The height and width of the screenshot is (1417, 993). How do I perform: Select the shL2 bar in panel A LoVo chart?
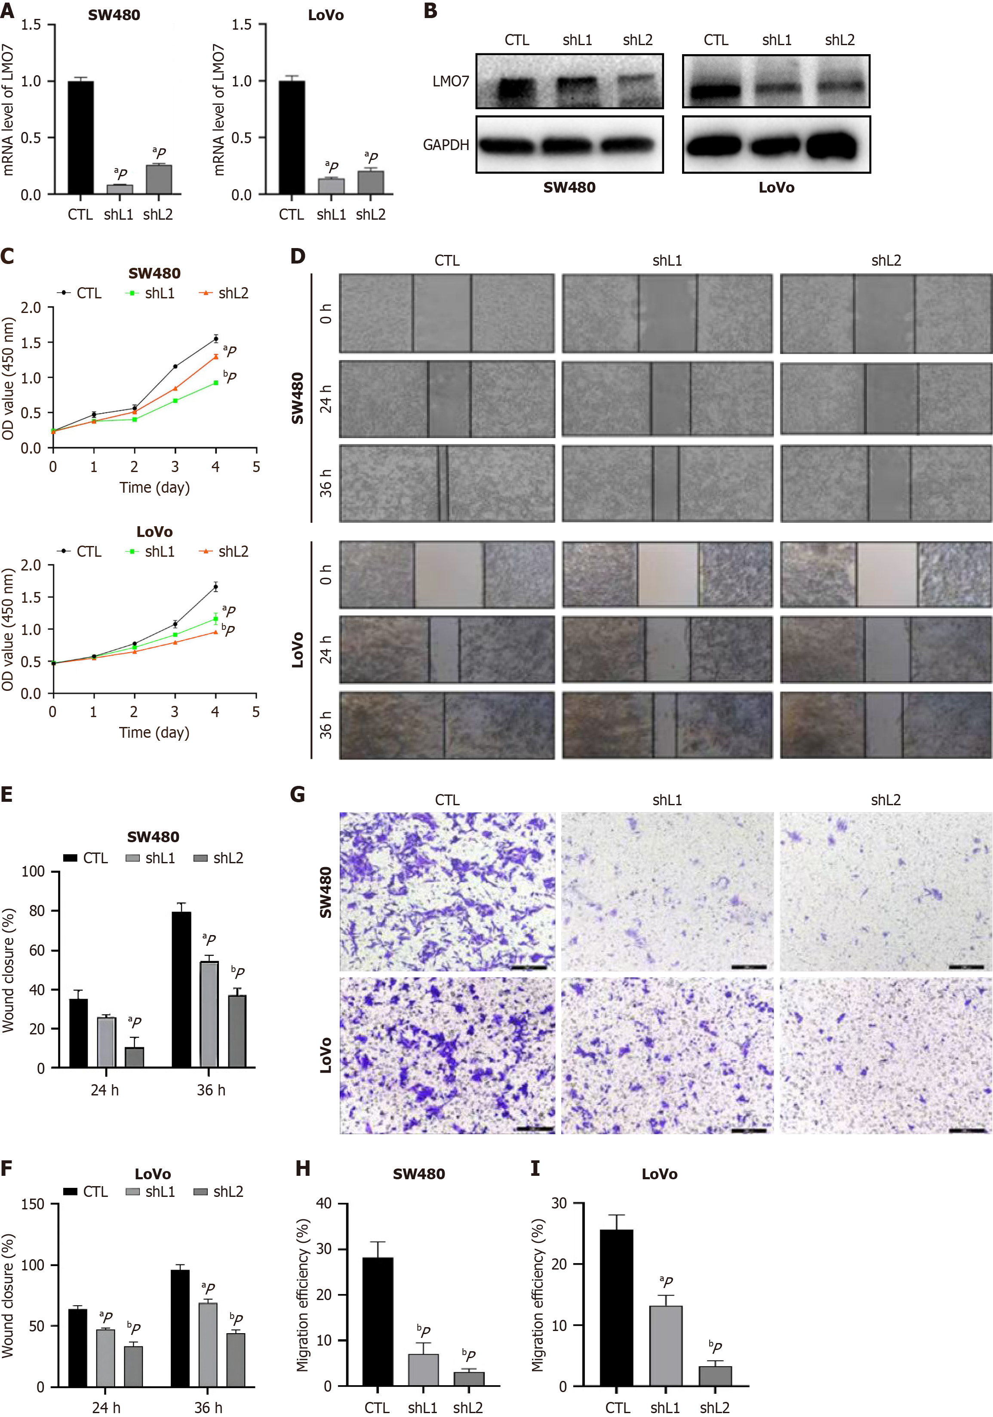[x=371, y=183]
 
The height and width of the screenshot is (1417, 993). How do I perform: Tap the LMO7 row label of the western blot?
[x=450, y=81]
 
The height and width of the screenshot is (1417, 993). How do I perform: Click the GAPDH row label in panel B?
[x=446, y=145]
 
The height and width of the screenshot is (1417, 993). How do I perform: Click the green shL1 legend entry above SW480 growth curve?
[x=152, y=293]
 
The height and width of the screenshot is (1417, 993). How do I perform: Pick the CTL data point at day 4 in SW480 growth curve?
[x=215, y=338]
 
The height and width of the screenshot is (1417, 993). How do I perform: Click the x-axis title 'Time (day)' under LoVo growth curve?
[x=154, y=733]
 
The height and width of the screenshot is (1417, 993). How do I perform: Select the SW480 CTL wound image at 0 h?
[x=446, y=313]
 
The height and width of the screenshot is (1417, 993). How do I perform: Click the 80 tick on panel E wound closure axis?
[x=37, y=911]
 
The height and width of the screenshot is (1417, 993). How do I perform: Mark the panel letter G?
[x=298, y=794]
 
